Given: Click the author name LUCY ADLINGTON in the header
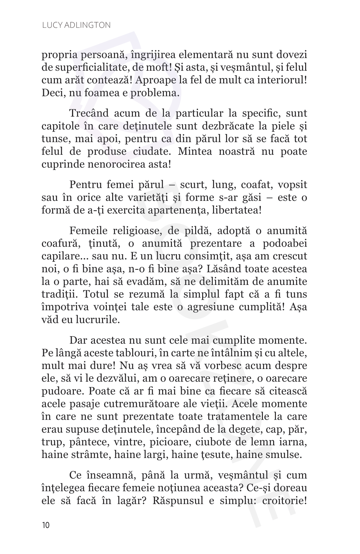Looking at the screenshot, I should click(76, 25).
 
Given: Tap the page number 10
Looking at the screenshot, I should click(46, 526).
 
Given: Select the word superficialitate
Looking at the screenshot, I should click(86, 67).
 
